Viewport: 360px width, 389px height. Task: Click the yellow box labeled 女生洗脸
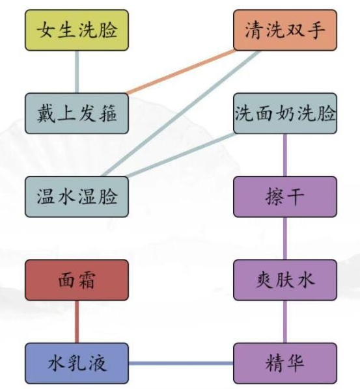[x=77, y=31]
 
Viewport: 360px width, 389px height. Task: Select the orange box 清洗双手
[x=284, y=31]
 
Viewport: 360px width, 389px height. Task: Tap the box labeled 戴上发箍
[x=77, y=113]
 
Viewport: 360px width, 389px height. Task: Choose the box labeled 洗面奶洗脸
[x=284, y=113]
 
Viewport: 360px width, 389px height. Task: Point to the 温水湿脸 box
[x=77, y=196]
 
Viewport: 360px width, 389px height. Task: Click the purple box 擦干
[x=284, y=196]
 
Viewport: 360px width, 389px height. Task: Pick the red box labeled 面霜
[x=77, y=280]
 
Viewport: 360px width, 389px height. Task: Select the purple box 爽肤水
[x=284, y=280]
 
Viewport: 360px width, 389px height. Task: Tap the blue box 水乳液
[x=77, y=362]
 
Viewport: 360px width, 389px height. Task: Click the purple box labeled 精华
[x=284, y=362]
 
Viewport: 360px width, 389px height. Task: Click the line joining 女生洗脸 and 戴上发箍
[x=77, y=72]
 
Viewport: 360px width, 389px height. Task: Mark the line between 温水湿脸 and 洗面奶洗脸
[x=182, y=155]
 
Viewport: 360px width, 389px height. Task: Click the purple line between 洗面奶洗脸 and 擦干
[x=284, y=155]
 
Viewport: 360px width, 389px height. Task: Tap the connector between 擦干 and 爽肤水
[x=284, y=238]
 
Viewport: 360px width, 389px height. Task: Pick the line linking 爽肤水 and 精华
[x=284, y=321]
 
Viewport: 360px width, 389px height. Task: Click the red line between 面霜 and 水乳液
[x=77, y=321]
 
